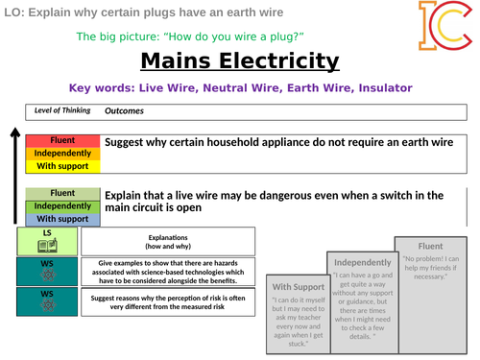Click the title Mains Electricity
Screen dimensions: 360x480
(239, 62)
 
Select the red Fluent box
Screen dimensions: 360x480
(62, 140)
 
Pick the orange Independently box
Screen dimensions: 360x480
(62, 153)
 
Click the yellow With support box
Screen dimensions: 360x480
(62, 165)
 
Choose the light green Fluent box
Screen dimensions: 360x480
(62, 193)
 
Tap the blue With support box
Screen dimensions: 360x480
(62, 219)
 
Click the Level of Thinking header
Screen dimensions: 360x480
(62, 109)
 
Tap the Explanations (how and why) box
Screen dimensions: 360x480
(167, 240)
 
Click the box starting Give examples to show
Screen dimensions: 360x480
(167, 272)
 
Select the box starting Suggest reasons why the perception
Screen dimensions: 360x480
(167, 303)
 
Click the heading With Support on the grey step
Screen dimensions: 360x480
(297, 287)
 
